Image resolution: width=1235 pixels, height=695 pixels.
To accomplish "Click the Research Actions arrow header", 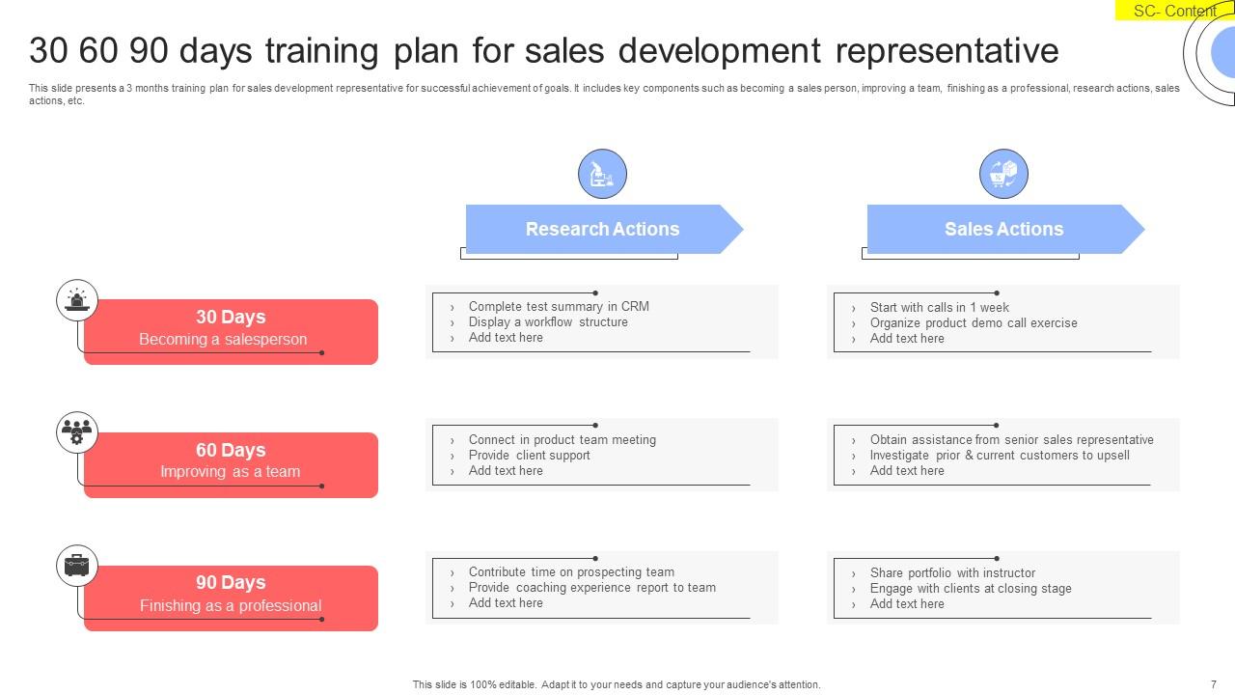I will click(x=602, y=229).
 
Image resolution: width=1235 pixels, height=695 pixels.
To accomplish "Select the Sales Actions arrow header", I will click(x=1003, y=229).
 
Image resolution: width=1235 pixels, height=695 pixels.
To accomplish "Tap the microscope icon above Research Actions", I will click(x=602, y=175).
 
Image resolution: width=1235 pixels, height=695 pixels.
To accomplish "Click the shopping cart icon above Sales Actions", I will click(x=1003, y=175).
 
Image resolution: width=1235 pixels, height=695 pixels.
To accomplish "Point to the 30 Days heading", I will click(x=231, y=317).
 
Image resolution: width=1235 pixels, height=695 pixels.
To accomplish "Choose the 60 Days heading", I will click(x=231, y=450).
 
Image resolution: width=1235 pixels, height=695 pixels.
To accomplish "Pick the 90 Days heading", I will click(x=231, y=582).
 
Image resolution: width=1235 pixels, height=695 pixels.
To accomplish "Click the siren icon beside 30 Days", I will click(x=77, y=301).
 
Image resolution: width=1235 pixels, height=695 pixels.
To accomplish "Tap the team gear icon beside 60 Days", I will click(x=77, y=433).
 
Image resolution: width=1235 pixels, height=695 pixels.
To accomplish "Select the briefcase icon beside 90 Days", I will click(x=77, y=566).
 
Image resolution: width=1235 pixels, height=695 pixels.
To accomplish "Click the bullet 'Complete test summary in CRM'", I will click(x=559, y=306).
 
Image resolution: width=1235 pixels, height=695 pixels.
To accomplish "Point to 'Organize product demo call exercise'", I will click(x=974, y=322).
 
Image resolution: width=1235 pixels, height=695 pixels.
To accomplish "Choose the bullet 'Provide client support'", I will click(x=529, y=455).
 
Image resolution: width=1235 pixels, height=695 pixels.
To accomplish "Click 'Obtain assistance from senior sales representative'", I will click(x=1011, y=439).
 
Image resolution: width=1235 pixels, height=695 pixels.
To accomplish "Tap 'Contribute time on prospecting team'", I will click(x=571, y=571).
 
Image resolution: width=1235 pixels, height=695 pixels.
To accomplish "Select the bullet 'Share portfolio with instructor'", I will click(x=952, y=572).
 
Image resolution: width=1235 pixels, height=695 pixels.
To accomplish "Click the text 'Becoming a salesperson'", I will click(x=223, y=339).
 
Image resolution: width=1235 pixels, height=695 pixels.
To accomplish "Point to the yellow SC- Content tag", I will click(x=1174, y=11).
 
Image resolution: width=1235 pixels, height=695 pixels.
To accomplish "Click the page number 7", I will click(x=1213, y=684).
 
